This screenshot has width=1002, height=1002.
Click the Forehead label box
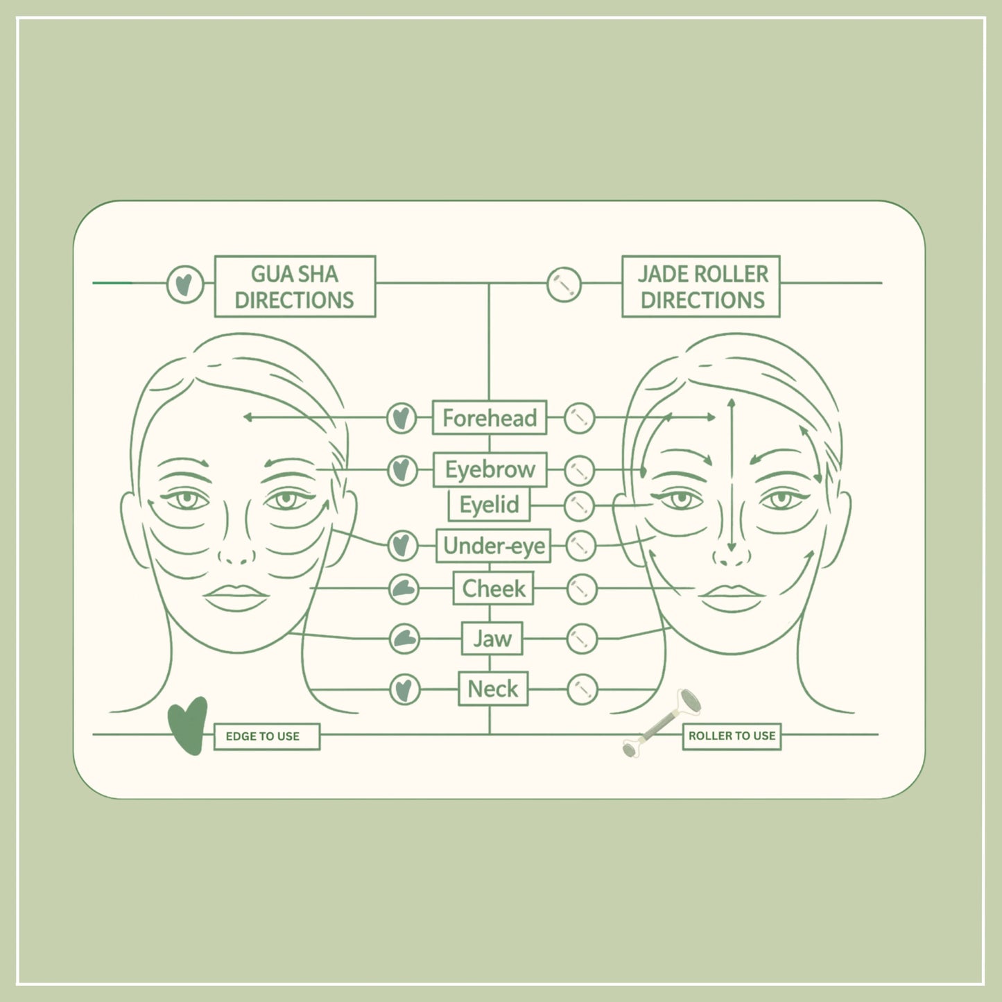point(490,417)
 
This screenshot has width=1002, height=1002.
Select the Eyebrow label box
point(490,469)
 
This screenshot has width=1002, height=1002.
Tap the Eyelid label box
point(490,505)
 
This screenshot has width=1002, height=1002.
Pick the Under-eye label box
point(493,546)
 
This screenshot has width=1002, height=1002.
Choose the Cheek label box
point(493,589)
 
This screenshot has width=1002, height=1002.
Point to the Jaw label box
point(492,639)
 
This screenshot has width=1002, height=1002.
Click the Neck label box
point(492,689)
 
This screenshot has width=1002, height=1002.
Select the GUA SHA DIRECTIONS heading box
point(295,286)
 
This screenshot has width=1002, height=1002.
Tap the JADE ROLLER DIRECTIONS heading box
point(701,286)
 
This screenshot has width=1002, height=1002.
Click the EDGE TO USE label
point(266,736)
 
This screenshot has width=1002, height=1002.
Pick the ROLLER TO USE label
point(732,736)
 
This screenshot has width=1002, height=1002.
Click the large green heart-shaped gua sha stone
point(188,725)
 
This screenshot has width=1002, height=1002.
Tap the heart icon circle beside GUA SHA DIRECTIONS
point(185,284)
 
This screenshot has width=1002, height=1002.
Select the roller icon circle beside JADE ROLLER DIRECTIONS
point(564,284)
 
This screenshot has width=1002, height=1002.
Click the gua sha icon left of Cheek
point(404,589)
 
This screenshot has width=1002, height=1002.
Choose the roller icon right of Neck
point(582,690)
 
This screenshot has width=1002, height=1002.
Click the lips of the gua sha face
point(236,597)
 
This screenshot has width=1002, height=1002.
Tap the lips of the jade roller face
point(732,598)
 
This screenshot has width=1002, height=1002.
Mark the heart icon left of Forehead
point(401,418)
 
